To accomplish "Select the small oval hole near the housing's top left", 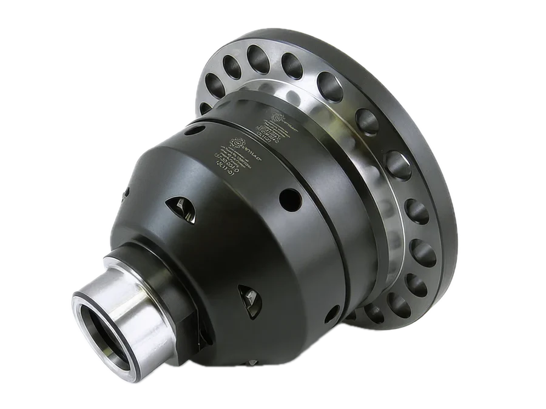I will click(x=127, y=193).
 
